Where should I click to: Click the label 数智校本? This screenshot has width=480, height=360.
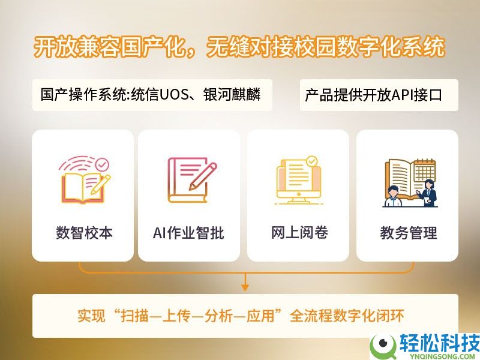(x=83, y=233)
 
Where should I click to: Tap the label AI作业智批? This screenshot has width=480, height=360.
(x=188, y=233)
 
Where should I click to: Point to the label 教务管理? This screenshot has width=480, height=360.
(x=408, y=233)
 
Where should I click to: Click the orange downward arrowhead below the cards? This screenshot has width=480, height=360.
(x=245, y=287)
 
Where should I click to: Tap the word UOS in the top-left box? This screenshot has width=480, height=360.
(x=176, y=95)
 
